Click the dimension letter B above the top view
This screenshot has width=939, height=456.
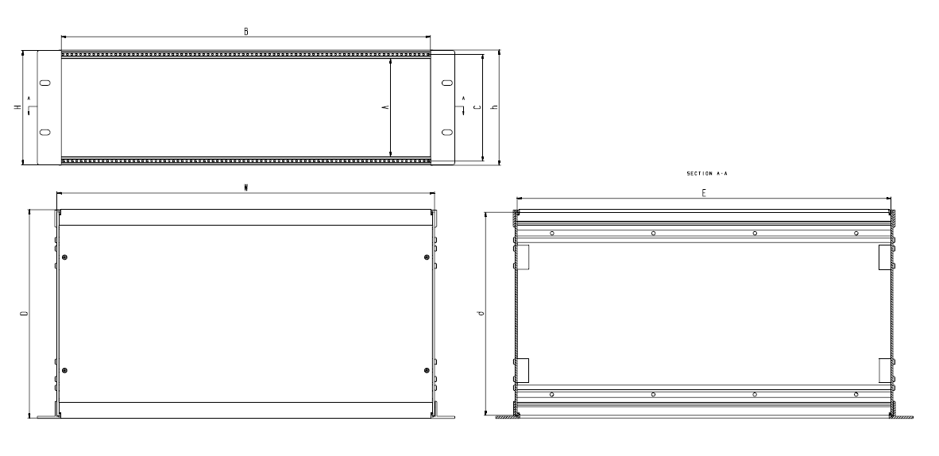tap(246, 31)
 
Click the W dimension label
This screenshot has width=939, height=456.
tap(246, 188)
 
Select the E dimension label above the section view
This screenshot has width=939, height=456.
tap(704, 193)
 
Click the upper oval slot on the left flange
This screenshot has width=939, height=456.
tap(44, 83)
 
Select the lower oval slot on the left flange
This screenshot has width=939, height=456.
tap(44, 131)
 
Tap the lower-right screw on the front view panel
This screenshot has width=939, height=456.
tap(427, 370)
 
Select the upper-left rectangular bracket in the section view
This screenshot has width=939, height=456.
tap(524, 257)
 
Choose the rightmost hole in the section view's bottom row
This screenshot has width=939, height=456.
tap(856, 394)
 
